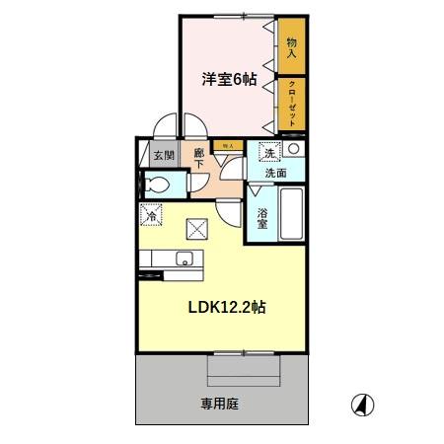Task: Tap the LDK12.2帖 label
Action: pyautogui.click(x=226, y=307)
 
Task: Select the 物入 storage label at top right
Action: pyautogui.click(x=292, y=45)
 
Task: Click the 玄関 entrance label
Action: pyautogui.click(x=163, y=156)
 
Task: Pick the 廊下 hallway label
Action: pyautogui.click(x=199, y=159)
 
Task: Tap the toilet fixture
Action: pyautogui.click(x=157, y=184)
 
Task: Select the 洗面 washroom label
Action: pyautogui.click(x=274, y=173)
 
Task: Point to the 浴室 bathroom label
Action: pyautogui.click(x=262, y=218)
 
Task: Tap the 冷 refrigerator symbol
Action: pyautogui.click(x=153, y=213)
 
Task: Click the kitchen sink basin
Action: pyautogui.click(x=183, y=259)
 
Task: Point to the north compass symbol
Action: pyautogui.click(x=361, y=405)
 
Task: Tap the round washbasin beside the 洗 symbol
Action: pyautogui.click(x=294, y=150)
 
